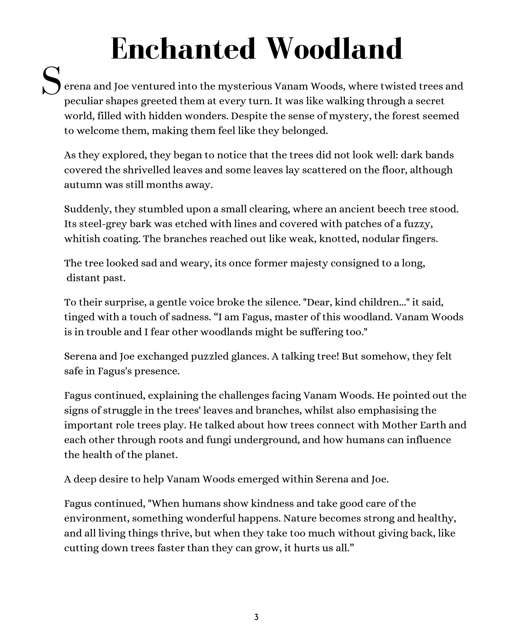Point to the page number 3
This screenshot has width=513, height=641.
tap(256, 617)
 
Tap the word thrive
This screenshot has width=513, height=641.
tap(176, 533)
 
